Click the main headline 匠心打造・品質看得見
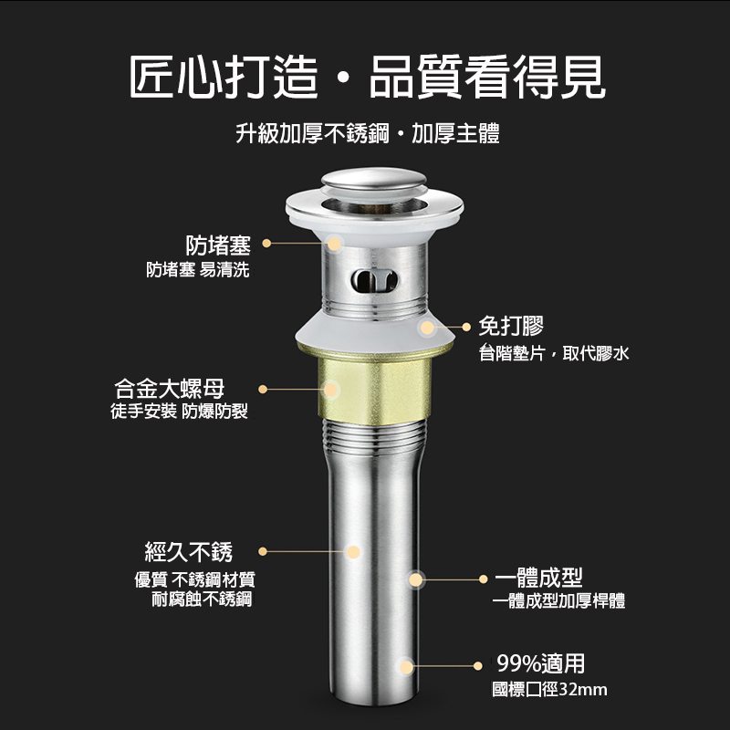pyautogui.click(x=367, y=77)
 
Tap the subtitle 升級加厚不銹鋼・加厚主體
pyautogui.click(x=368, y=133)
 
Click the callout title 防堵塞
pyautogui.click(x=218, y=245)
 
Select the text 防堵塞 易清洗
pyautogui.click(x=198, y=269)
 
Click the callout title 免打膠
pyautogui.click(x=511, y=326)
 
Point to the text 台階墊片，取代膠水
pyautogui.click(x=554, y=353)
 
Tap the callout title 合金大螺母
pyautogui.click(x=170, y=389)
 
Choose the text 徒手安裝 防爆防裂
pyautogui.click(x=179, y=412)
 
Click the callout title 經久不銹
pyautogui.click(x=189, y=552)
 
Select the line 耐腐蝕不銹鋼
pyautogui.click(x=202, y=600)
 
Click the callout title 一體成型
pyautogui.click(x=538, y=579)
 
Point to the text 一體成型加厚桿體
pyautogui.click(x=558, y=601)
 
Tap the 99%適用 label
pyautogui.click(x=540, y=663)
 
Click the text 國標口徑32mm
pyautogui.click(x=549, y=690)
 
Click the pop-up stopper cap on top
pyautogui.click(x=374, y=180)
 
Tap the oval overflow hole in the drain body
pyautogui.click(x=374, y=281)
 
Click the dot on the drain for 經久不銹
pyautogui.click(x=353, y=552)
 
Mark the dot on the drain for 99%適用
pyautogui.click(x=406, y=667)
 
